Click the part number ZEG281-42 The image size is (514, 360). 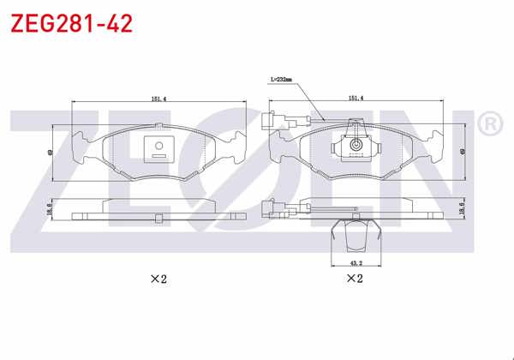[71, 23]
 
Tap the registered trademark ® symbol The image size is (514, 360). [487, 126]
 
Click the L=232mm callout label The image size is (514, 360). [281, 80]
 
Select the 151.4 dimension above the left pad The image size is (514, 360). [158, 99]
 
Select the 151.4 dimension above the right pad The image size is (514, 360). [356, 99]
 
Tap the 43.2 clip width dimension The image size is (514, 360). [354, 262]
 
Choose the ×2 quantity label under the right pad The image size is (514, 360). [354, 279]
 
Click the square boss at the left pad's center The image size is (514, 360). [158, 149]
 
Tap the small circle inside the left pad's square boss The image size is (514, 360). [158, 146]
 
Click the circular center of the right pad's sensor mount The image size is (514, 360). [355, 148]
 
